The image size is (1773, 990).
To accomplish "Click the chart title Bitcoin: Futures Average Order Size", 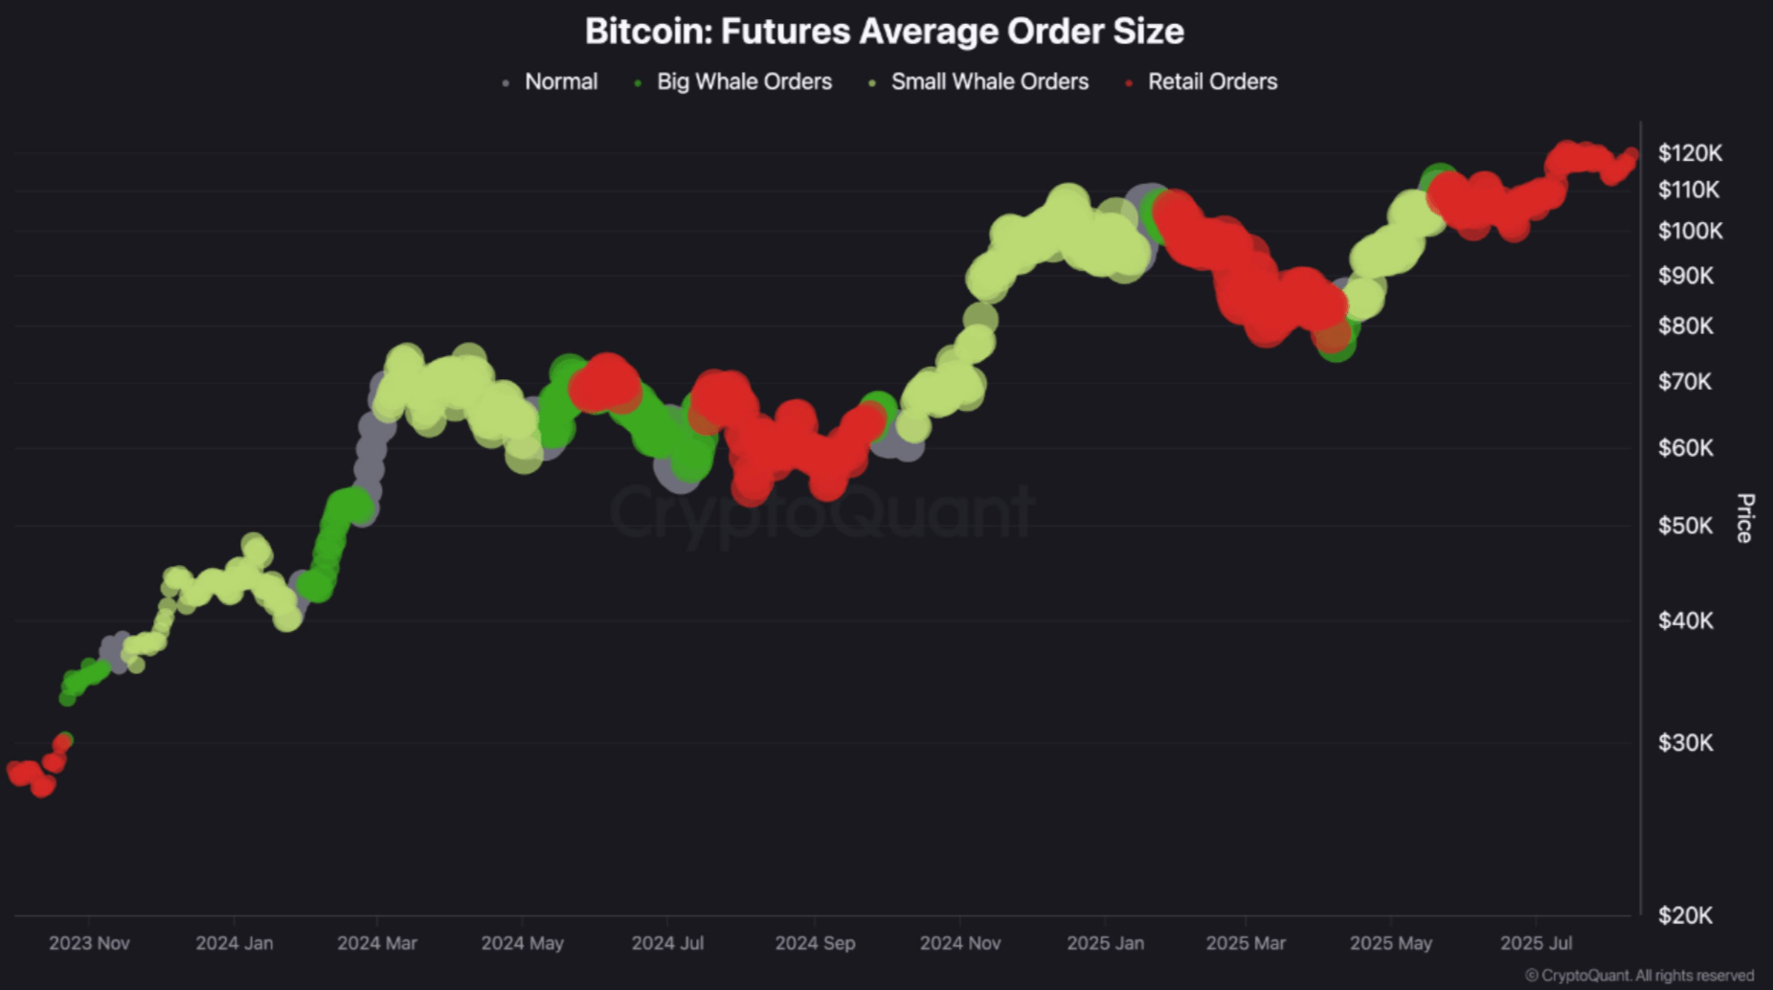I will pyautogui.click(x=884, y=31).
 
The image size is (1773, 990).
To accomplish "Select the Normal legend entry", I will pyautogui.click(x=560, y=82).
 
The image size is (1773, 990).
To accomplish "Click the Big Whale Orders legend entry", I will pyautogui.click(x=744, y=82).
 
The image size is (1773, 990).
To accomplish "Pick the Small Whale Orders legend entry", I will pyautogui.click(x=989, y=82).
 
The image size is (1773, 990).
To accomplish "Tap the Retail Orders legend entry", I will pyautogui.click(x=1212, y=82).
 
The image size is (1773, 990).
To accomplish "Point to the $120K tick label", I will pyautogui.click(x=1690, y=153).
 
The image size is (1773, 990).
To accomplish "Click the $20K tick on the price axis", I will pyautogui.click(x=1685, y=915).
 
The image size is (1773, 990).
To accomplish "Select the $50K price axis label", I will pyautogui.click(x=1685, y=526).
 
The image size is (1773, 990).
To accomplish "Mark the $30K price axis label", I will pyautogui.click(x=1685, y=743).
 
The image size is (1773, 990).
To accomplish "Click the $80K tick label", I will pyautogui.click(x=1685, y=326).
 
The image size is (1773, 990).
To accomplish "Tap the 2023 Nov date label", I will pyautogui.click(x=89, y=943).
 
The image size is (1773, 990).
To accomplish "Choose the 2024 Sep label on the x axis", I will pyautogui.click(x=815, y=943).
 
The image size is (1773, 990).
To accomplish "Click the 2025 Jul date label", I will pyautogui.click(x=1536, y=943).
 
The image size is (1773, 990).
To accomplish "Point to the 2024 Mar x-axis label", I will pyautogui.click(x=377, y=943).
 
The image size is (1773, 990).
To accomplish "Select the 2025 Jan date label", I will pyautogui.click(x=1105, y=943).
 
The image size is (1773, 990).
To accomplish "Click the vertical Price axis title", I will pyautogui.click(x=1744, y=518).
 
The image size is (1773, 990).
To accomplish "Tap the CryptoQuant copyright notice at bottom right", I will pyautogui.click(x=1639, y=976).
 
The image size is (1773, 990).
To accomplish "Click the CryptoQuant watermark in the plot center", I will pyautogui.click(x=821, y=512).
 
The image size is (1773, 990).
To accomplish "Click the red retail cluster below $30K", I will pyautogui.click(x=34, y=776).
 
